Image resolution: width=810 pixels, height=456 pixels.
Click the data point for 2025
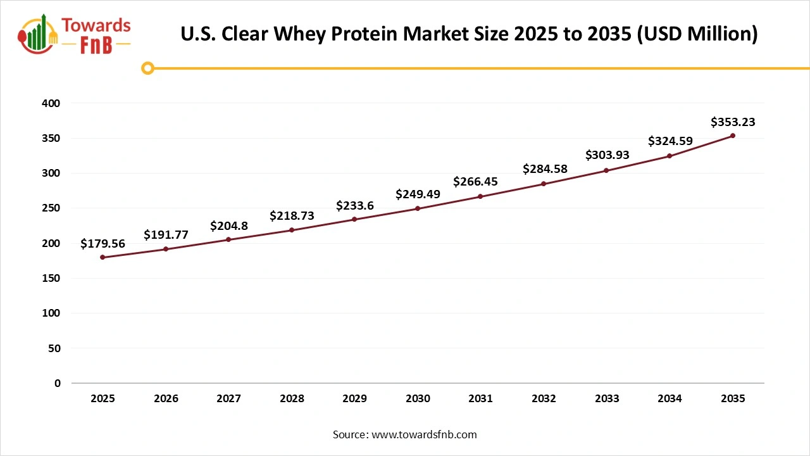103,257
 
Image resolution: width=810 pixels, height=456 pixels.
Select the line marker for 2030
418,208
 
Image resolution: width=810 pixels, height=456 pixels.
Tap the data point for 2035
733,136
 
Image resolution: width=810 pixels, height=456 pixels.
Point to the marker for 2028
292,230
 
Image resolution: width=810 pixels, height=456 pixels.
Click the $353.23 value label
733,122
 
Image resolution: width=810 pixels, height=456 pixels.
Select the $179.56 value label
103,243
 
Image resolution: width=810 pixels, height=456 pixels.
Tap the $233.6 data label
354,205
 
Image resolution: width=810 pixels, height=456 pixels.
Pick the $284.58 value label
545,169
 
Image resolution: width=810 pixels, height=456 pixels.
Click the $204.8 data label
229,225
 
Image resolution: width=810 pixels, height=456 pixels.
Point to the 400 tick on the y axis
53,103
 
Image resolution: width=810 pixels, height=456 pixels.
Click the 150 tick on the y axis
53,278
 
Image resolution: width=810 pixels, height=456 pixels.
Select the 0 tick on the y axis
58,383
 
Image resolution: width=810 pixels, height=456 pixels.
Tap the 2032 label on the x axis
544,398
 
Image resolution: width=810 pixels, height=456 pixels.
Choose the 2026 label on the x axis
166,398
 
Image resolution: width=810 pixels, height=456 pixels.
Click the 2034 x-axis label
670,398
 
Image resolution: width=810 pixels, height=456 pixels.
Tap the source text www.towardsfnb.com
423,434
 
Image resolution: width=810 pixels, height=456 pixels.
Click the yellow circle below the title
147,68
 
